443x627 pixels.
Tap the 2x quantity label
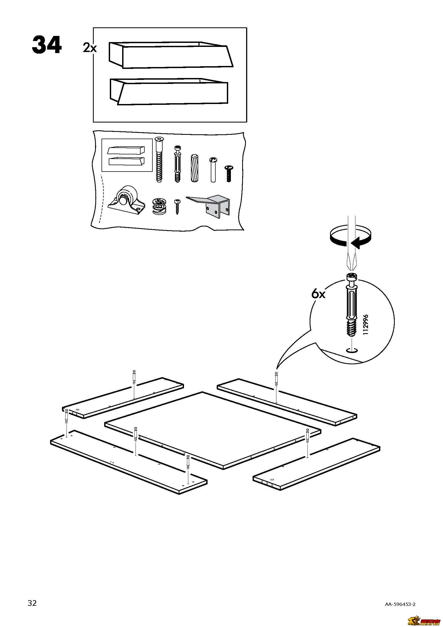[x=90, y=48]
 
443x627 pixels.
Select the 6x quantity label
[x=318, y=294]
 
